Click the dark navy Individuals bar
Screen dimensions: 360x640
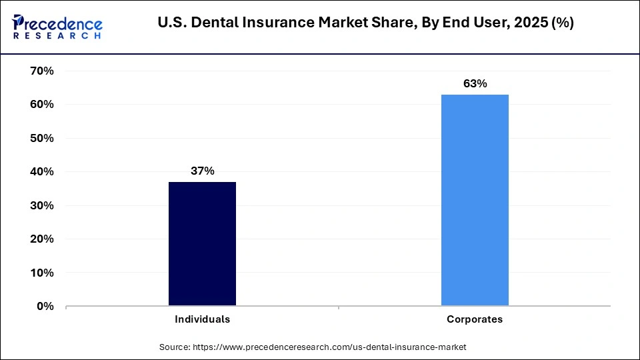pos(202,244)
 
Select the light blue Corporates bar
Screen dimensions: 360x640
pos(475,200)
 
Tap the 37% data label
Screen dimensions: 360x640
pos(202,171)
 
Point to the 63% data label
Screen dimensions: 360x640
pos(475,84)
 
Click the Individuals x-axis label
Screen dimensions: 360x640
pos(202,319)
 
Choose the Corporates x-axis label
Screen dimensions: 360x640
pos(475,319)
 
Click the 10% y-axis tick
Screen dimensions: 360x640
pos(42,273)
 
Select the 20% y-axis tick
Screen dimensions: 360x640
pos(42,239)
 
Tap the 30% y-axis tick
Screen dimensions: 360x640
pos(42,205)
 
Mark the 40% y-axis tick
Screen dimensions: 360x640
pos(42,172)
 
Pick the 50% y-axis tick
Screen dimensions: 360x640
pos(42,138)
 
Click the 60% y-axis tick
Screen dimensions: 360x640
pos(42,105)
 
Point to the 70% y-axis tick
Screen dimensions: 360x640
pos(42,71)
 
